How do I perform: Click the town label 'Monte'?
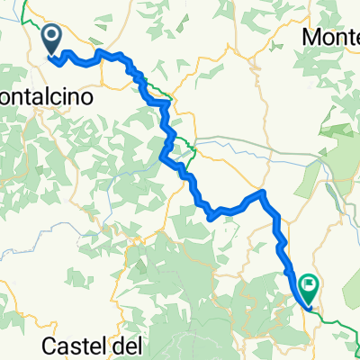pyautogui.click(x=331, y=38)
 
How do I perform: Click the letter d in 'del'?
pyautogui.click(x=116, y=345)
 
